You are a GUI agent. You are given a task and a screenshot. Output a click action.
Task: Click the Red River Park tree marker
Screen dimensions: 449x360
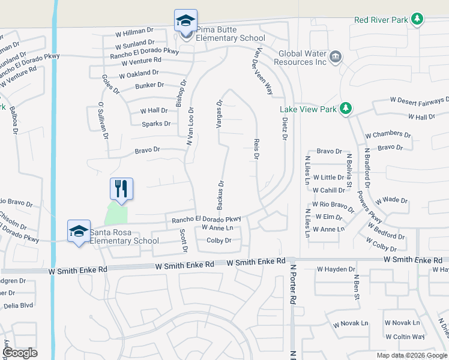pyautogui.click(x=417, y=20)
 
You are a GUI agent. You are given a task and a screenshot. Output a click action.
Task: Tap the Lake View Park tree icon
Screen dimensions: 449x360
pyautogui.click(x=345, y=109)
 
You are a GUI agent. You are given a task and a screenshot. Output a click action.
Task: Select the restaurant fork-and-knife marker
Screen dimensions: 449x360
pyautogui.click(x=121, y=188)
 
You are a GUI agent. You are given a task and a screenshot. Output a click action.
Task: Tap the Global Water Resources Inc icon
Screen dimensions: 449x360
pyautogui.click(x=335, y=57)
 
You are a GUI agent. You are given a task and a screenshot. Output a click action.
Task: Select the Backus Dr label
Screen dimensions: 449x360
pyautogui.click(x=220, y=195)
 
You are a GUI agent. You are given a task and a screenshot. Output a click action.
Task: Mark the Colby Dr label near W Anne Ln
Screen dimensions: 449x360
pyautogui.click(x=218, y=241)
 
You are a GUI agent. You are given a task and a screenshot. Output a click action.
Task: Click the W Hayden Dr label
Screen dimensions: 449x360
pyautogui.click(x=336, y=269)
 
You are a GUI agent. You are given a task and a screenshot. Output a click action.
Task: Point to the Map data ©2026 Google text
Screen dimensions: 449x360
pyautogui.click(x=411, y=355)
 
